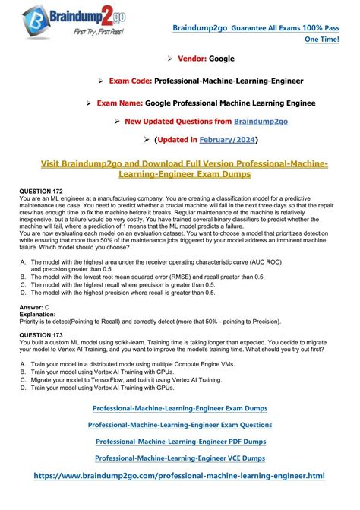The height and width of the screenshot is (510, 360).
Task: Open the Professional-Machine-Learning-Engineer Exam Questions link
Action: [180, 425]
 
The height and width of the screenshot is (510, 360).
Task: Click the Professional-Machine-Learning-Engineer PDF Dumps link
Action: [180, 441]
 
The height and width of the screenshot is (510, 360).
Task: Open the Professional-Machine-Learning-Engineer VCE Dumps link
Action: [180, 458]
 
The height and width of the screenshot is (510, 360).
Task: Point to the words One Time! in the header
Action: [324, 40]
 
